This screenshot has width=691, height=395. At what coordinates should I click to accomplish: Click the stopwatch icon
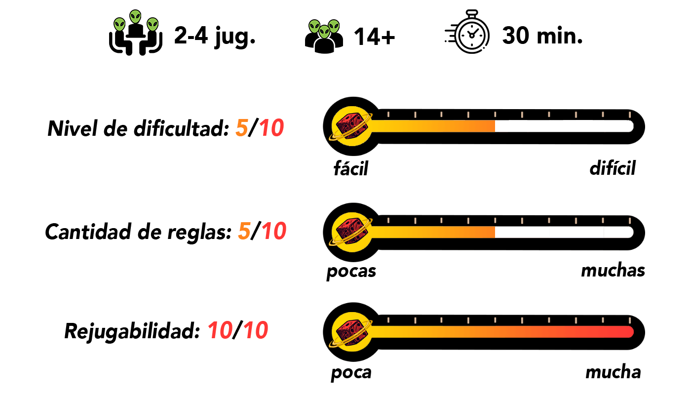pyautogui.click(x=468, y=32)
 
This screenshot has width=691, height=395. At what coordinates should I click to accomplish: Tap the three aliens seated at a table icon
pyautogui.click(x=136, y=33)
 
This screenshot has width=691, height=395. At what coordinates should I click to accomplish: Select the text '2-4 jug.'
pyautogui.click(x=215, y=37)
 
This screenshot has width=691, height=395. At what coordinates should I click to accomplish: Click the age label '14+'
pyautogui.click(x=374, y=37)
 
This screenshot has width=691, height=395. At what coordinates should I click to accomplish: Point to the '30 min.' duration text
pyautogui.click(x=542, y=36)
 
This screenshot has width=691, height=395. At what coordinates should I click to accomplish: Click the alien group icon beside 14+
pyautogui.click(x=324, y=37)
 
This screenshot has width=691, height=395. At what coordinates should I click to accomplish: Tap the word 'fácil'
pyautogui.click(x=351, y=168)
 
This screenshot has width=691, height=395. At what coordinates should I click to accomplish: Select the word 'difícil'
pyautogui.click(x=613, y=168)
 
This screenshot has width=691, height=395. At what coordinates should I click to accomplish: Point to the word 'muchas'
pyautogui.click(x=613, y=271)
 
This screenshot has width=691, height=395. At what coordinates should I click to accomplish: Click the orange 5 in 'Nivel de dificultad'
pyautogui.click(x=241, y=128)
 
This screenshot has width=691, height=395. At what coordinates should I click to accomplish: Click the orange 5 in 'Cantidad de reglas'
pyautogui.click(x=244, y=231)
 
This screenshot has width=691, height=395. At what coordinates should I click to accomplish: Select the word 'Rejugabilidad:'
pyautogui.click(x=132, y=331)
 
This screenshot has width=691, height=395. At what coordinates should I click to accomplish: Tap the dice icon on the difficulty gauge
pyautogui.click(x=351, y=126)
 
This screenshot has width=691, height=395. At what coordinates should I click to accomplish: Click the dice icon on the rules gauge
pyautogui.click(x=351, y=233)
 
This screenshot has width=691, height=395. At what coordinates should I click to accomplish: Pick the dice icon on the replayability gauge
pyautogui.click(x=351, y=332)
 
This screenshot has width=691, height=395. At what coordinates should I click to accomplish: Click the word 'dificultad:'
pyautogui.click(x=182, y=128)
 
